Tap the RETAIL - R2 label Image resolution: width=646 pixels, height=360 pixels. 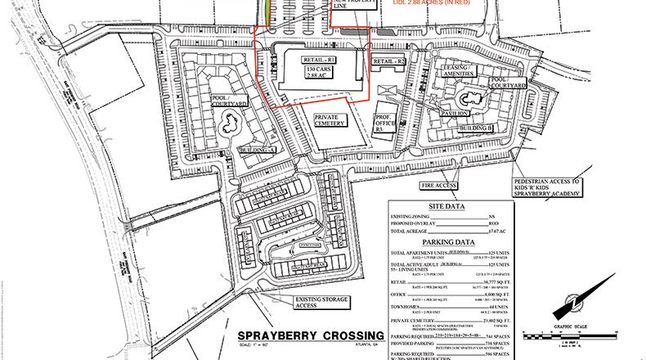[x=389, y=62]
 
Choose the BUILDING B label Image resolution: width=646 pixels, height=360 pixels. [x=477, y=128]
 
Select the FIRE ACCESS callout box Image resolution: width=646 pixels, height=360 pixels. [x=438, y=186]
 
